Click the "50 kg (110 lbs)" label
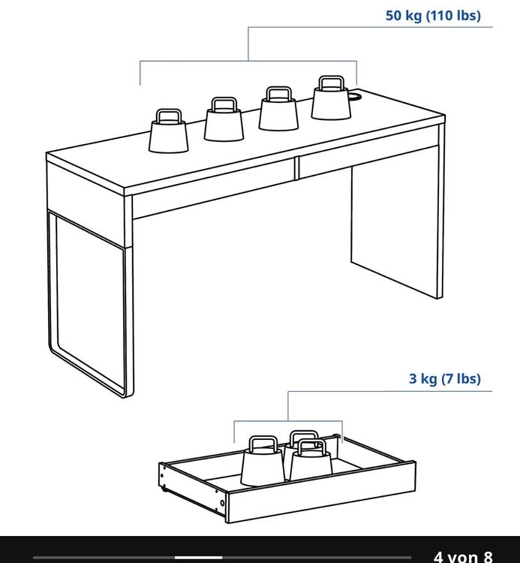click(x=433, y=16)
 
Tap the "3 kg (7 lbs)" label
click(x=445, y=378)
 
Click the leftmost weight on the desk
click(x=168, y=131)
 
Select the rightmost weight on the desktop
click(x=331, y=98)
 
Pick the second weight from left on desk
click(x=224, y=119)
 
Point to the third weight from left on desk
click(x=278, y=108)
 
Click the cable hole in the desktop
click(x=355, y=96)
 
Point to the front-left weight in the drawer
click(x=263, y=462)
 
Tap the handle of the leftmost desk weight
click(x=168, y=116)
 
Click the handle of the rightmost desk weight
click(x=331, y=83)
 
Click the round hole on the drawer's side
click(x=223, y=503)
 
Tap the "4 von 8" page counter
click(x=463, y=556)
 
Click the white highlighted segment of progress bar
click(x=198, y=558)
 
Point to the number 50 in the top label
click(x=394, y=16)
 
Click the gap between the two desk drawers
click(x=297, y=168)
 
